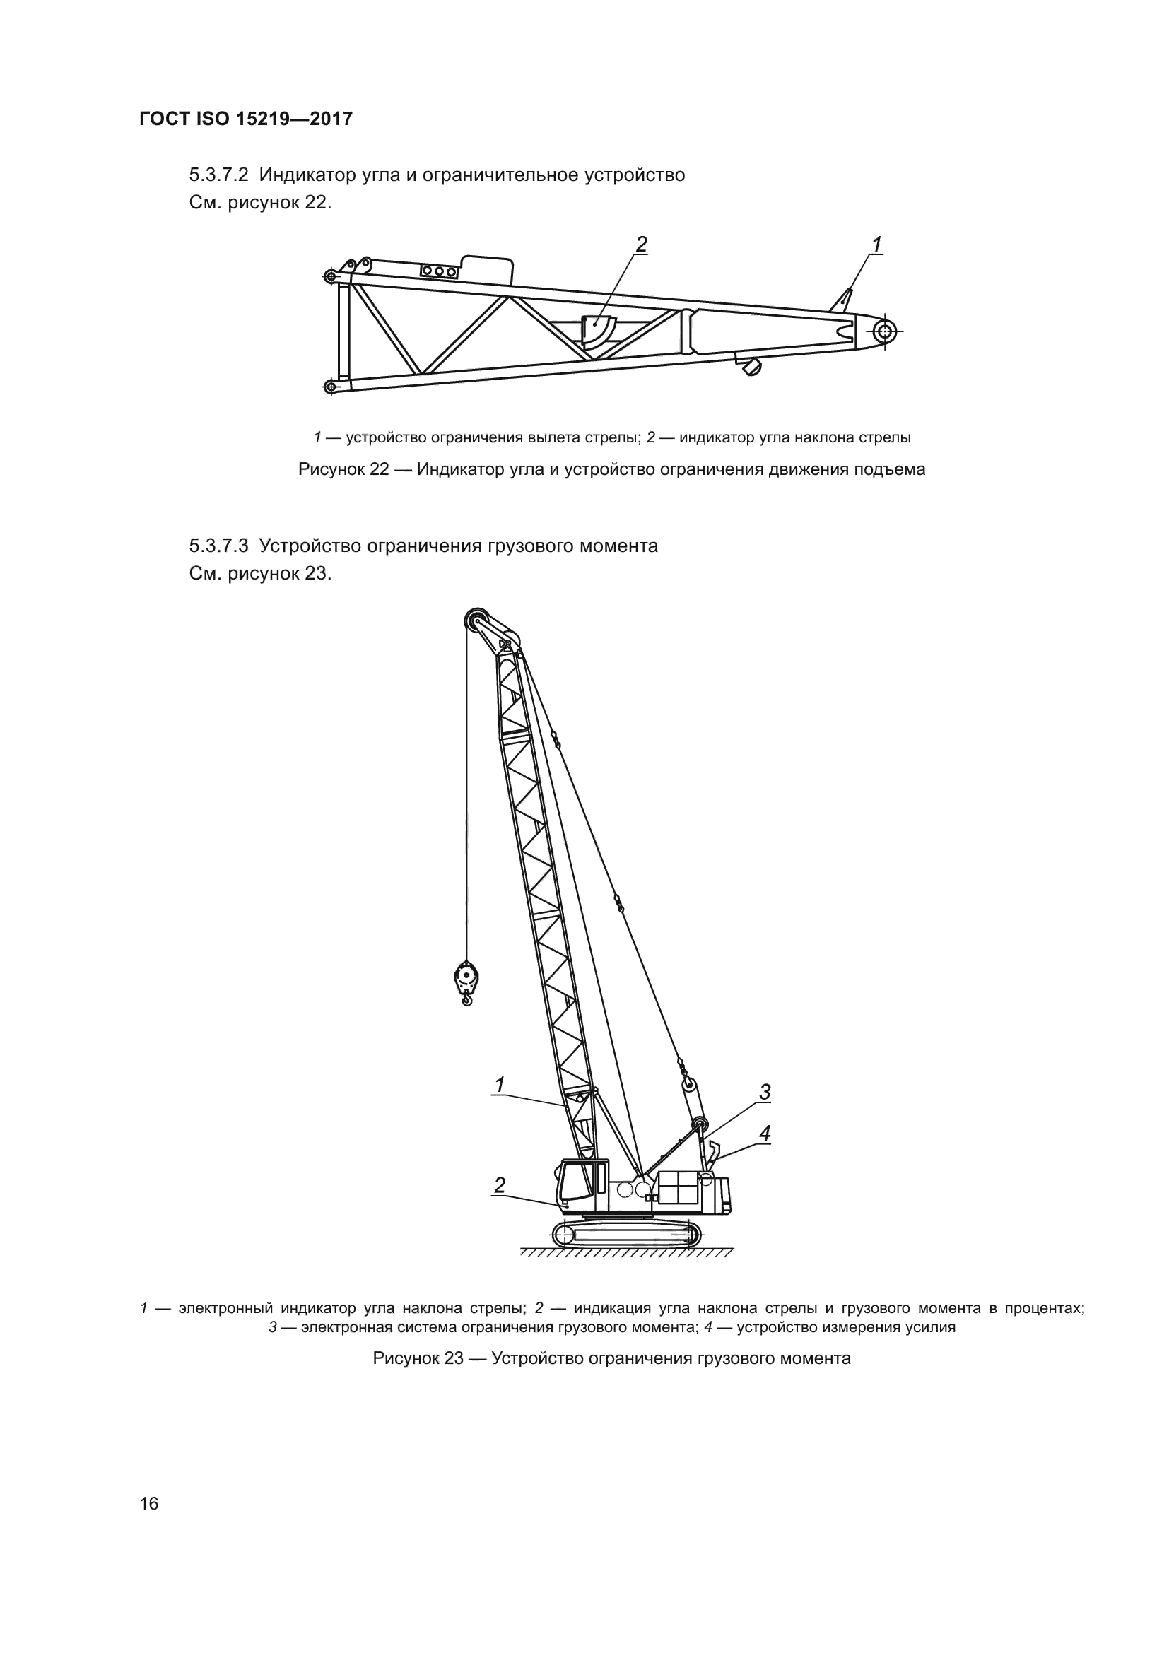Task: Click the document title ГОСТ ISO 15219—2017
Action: [245, 119]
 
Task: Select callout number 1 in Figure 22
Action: [876, 245]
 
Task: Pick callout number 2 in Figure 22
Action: [640, 245]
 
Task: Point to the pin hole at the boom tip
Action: [884, 332]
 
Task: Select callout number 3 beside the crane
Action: [765, 1092]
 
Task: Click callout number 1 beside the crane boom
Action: [500, 1083]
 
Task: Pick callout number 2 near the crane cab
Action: [500, 1184]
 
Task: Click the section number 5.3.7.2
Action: [219, 175]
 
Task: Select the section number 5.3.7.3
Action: [219, 546]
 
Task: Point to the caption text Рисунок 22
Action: [343, 470]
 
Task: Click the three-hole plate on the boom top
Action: [439, 271]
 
